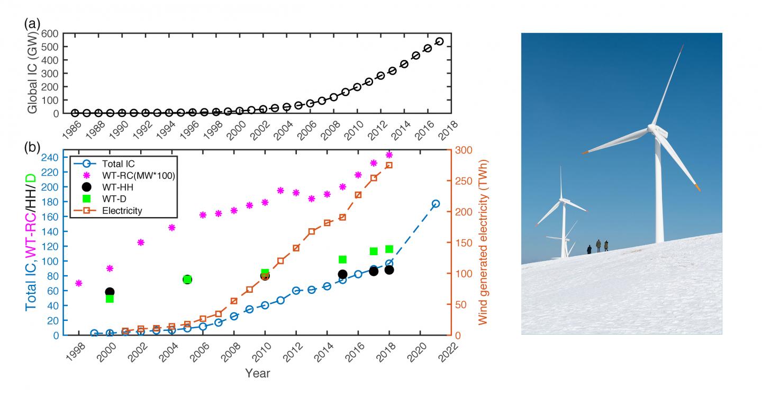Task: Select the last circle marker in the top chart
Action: tap(439, 41)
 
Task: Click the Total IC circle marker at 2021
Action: tap(436, 204)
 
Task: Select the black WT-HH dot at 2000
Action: tap(110, 292)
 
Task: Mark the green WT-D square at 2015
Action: tap(342, 259)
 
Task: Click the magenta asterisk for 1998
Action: tap(79, 283)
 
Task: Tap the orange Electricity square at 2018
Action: tap(389, 165)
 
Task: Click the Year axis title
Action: tap(257, 374)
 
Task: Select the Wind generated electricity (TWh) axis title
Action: tap(483, 242)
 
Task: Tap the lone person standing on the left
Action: tap(589, 249)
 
